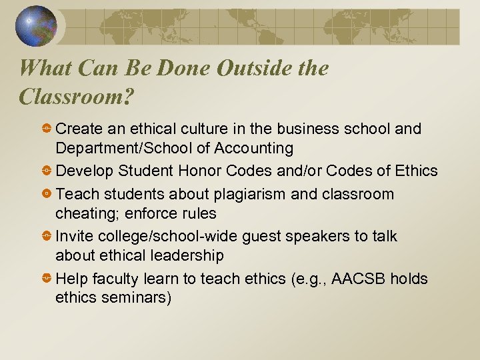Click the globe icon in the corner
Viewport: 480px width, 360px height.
point(36,26)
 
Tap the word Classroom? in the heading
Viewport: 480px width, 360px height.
point(77,97)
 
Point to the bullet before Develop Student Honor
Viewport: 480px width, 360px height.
point(47,171)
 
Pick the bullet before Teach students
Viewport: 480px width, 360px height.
point(47,195)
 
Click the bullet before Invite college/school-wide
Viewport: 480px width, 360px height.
point(47,237)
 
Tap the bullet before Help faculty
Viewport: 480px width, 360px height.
point(47,279)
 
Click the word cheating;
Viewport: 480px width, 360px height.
point(84,213)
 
